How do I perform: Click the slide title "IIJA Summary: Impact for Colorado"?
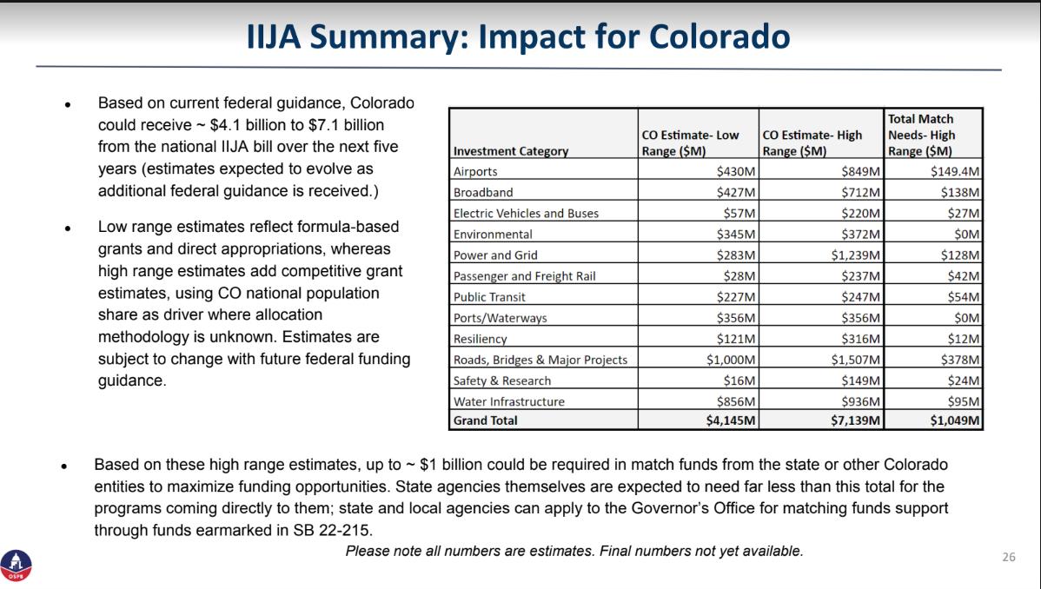point(519,38)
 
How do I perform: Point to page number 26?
point(1008,557)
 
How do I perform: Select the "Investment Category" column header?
point(511,151)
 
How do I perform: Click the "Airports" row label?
point(475,171)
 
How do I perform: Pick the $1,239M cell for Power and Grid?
point(856,255)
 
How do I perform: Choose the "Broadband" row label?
point(482,192)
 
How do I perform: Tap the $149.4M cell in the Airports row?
point(955,171)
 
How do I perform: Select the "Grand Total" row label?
point(486,420)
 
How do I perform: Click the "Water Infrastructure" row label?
point(509,401)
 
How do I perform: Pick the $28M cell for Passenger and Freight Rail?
point(738,276)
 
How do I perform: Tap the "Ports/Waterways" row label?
point(500,318)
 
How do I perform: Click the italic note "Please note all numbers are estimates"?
point(574,551)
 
